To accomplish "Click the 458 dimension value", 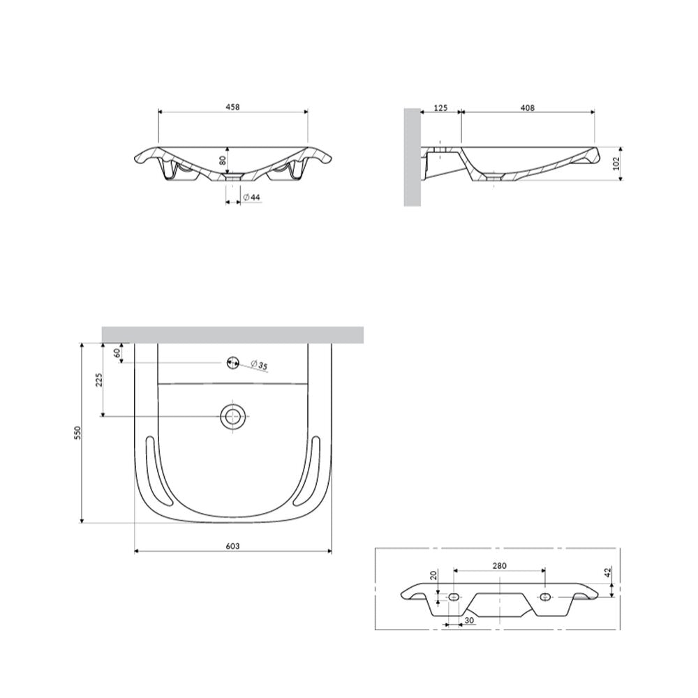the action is pos(233,107).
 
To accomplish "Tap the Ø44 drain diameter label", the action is pos(252,198).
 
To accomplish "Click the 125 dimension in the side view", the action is pos(440,107).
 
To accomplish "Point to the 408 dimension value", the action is pos(527,107).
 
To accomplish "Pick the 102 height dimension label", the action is pos(616,163).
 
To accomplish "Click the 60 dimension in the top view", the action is pos(117,353).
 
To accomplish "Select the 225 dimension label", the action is pos(99,380).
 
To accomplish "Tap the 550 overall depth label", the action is pos(78,433).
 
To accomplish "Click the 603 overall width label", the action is pos(233,546).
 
